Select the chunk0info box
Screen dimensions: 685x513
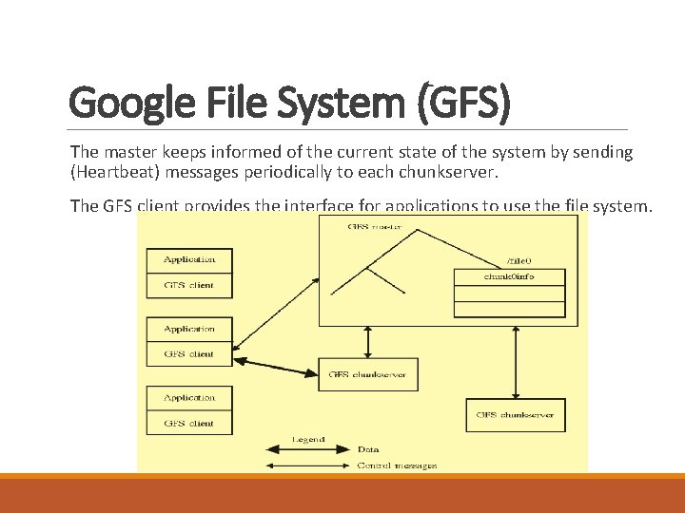tap(509, 276)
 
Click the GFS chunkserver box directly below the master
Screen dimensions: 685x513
tap(367, 374)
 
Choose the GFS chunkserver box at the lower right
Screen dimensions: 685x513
tap(515, 415)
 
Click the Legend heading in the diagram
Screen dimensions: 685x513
tap(308, 440)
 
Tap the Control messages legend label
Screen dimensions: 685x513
tap(397, 465)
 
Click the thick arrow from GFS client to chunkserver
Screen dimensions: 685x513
tap(276, 366)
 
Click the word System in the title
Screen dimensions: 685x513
tap(310, 102)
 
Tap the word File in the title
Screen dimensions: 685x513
tap(221, 102)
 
